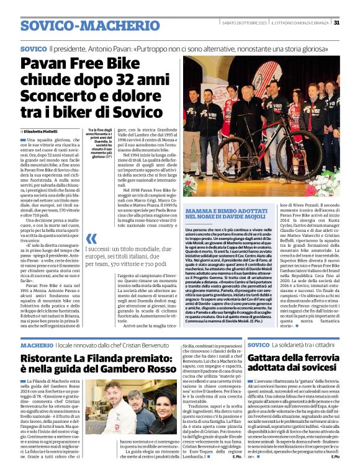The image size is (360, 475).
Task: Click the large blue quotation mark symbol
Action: pyautogui.click(x=91, y=239)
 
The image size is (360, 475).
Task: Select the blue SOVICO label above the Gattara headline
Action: pyautogui.click(x=258, y=344)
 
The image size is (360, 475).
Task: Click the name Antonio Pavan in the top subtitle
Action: pyautogui.click(x=107, y=48)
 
